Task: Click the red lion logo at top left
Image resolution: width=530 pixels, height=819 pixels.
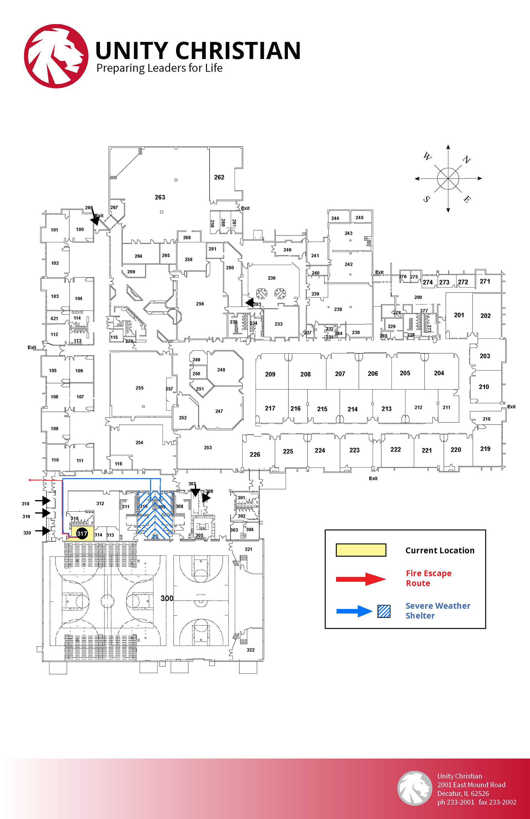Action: (x=56, y=56)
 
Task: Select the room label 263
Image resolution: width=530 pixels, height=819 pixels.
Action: (x=160, y=197)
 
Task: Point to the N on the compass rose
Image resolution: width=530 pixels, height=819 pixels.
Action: (x=466, y=160)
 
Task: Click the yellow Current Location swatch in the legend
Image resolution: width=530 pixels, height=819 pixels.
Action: (x=361, y=550)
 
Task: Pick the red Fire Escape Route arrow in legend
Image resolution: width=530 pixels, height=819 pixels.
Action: (x=361, y=579)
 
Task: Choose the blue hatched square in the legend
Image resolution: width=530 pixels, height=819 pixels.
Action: (x=384, y=611)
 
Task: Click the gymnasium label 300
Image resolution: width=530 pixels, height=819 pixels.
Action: (x=167, y=598)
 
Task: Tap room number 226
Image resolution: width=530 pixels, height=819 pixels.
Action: (x=255, y=455)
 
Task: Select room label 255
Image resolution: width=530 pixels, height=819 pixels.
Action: (x=139, y=388)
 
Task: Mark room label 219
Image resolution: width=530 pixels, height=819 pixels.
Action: (x=485, y=449)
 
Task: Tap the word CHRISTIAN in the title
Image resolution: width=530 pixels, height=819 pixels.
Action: (x=238, y=51)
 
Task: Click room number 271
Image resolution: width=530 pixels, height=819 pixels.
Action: (x=485, y=281)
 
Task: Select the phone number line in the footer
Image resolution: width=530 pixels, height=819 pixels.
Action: (x=477, y=802)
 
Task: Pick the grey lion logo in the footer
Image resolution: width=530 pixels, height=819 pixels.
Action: (x=414, y=788)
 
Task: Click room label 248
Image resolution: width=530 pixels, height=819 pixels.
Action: (x=221, y=370)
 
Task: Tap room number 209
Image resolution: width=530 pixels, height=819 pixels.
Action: (x=270, y=374)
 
